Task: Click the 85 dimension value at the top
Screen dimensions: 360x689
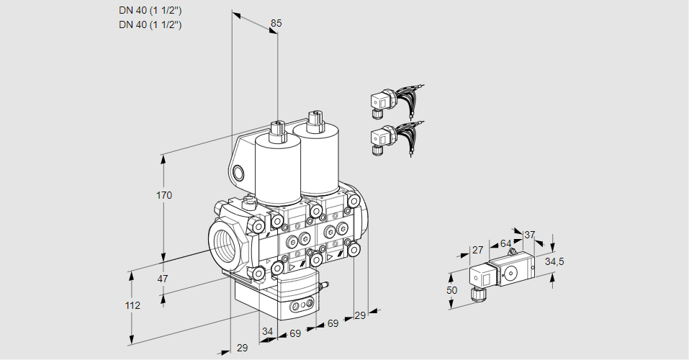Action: click(276, 23)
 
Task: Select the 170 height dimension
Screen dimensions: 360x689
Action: click(164, 195)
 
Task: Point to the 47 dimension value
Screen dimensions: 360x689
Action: click(163, 279)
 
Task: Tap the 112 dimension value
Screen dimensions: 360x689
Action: click(132, 305)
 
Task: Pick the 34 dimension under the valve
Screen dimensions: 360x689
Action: click(267, 331)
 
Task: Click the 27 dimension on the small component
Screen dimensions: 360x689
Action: click(477, 251)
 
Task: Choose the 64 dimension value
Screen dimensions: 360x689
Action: click(505, 243)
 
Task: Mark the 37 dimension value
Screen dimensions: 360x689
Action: click(529, 235)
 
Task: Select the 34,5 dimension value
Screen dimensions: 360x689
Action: click(554, 261)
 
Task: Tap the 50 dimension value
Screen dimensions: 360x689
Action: click(451, 290)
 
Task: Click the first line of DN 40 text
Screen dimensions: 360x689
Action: click(150, 11)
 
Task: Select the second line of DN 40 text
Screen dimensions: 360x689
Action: click(150, 24)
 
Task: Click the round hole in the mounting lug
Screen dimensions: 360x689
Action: click(239, 173)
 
